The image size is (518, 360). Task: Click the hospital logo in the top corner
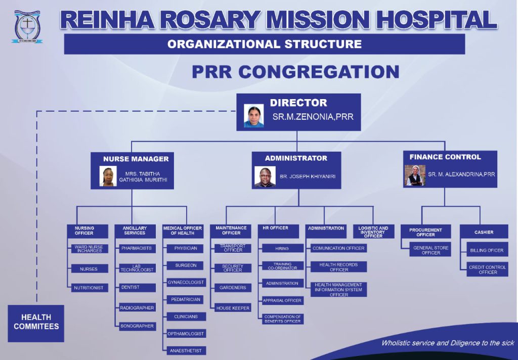click(27, 26)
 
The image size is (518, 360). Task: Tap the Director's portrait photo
click(254, 116)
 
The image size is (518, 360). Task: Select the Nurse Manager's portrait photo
click(108, 176)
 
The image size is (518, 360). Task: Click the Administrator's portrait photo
click(265, 176)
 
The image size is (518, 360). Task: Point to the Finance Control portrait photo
click(415, 175)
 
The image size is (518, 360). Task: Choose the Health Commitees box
click(36, 323)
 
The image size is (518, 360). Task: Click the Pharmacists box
click(137, 248)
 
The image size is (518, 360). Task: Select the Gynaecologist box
click(186, 282)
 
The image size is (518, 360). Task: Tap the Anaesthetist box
click(186, 351)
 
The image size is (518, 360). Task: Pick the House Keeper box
click(233, 308)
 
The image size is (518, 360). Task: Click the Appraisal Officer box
click(283, 300)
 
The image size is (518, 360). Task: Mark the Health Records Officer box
click(338, 267)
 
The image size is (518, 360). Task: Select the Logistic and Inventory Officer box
click(373, 232)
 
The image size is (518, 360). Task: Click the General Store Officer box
click(431, 250)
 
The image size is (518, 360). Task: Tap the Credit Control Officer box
click(488, 269)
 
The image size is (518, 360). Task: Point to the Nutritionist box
click(89, 288)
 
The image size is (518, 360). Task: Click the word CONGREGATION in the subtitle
click(319, 72)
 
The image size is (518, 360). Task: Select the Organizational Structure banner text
click(265, 44)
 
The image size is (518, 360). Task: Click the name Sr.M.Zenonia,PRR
click(313, 117)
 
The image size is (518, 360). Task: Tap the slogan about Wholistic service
click(448, 343)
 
